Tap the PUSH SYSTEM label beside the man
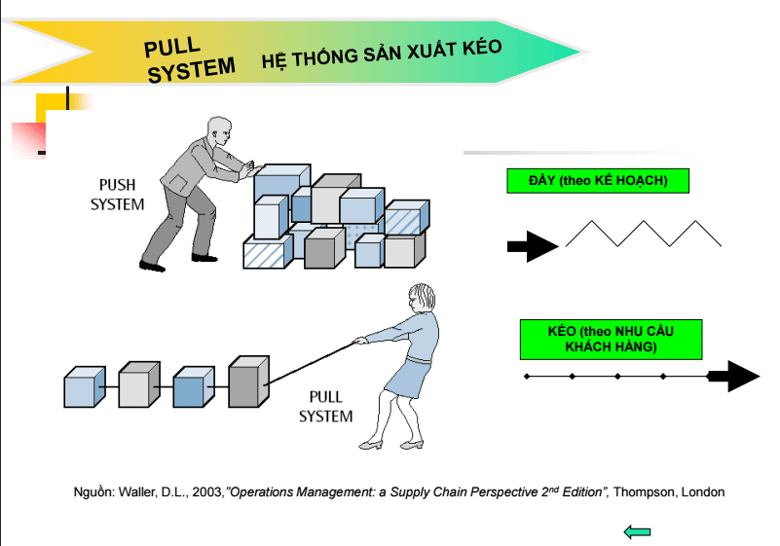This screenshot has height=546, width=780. click(117, 195)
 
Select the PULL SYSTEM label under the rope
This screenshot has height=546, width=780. click(325, 407)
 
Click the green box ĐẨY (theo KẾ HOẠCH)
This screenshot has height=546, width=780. click(584, 181)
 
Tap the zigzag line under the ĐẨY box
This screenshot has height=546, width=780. click(644, 235)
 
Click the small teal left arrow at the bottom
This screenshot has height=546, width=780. click(637, 531)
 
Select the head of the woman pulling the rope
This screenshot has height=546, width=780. click(421, 296)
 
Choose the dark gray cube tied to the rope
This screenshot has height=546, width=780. click(247, 381)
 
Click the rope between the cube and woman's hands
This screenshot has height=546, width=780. click(312, 359)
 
